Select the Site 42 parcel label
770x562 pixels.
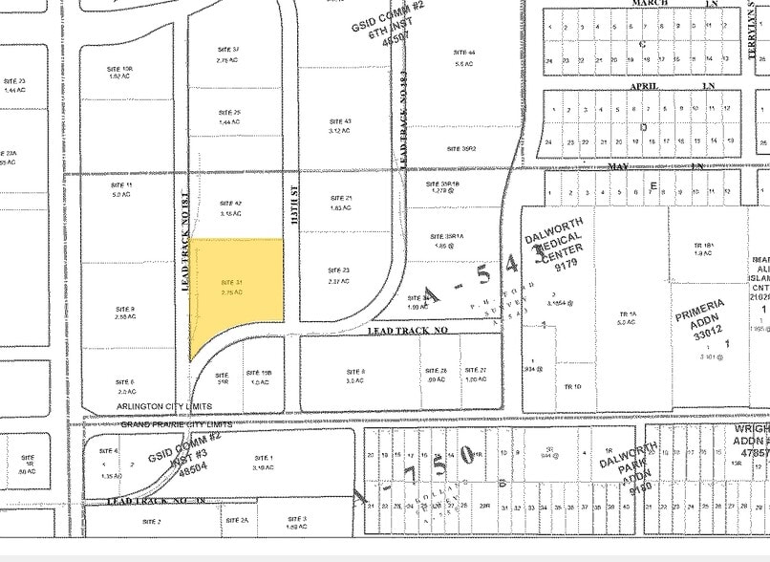[x=230, y=208]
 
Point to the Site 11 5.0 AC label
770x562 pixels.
[x=121, y=188]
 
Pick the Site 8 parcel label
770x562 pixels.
[x=355, y=375]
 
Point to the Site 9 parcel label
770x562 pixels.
[x=125, y=313]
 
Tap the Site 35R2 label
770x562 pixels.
[x=461, y=149]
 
